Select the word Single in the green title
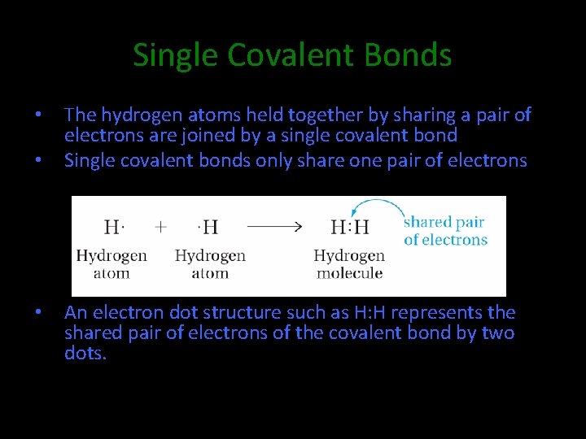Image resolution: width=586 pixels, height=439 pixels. [x=176, y=55]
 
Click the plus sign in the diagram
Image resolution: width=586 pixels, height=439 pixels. [x=161, y=227]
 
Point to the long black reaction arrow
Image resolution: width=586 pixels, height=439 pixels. [x=274, y=227]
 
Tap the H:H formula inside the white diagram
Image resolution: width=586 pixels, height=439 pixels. [x=350, y=228]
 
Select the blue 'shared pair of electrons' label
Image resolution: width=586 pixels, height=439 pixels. [x=445, y=231]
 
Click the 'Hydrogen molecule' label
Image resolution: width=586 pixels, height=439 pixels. [x=349, y=264]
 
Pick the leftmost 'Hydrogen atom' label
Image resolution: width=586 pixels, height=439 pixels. [x=112, y=264]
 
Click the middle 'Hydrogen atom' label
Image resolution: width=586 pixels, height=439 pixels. [x=210, y=264]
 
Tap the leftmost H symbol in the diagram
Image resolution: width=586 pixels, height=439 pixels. [x=112, y=227]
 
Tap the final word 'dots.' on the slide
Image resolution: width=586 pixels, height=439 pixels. [x=85, y=352]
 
